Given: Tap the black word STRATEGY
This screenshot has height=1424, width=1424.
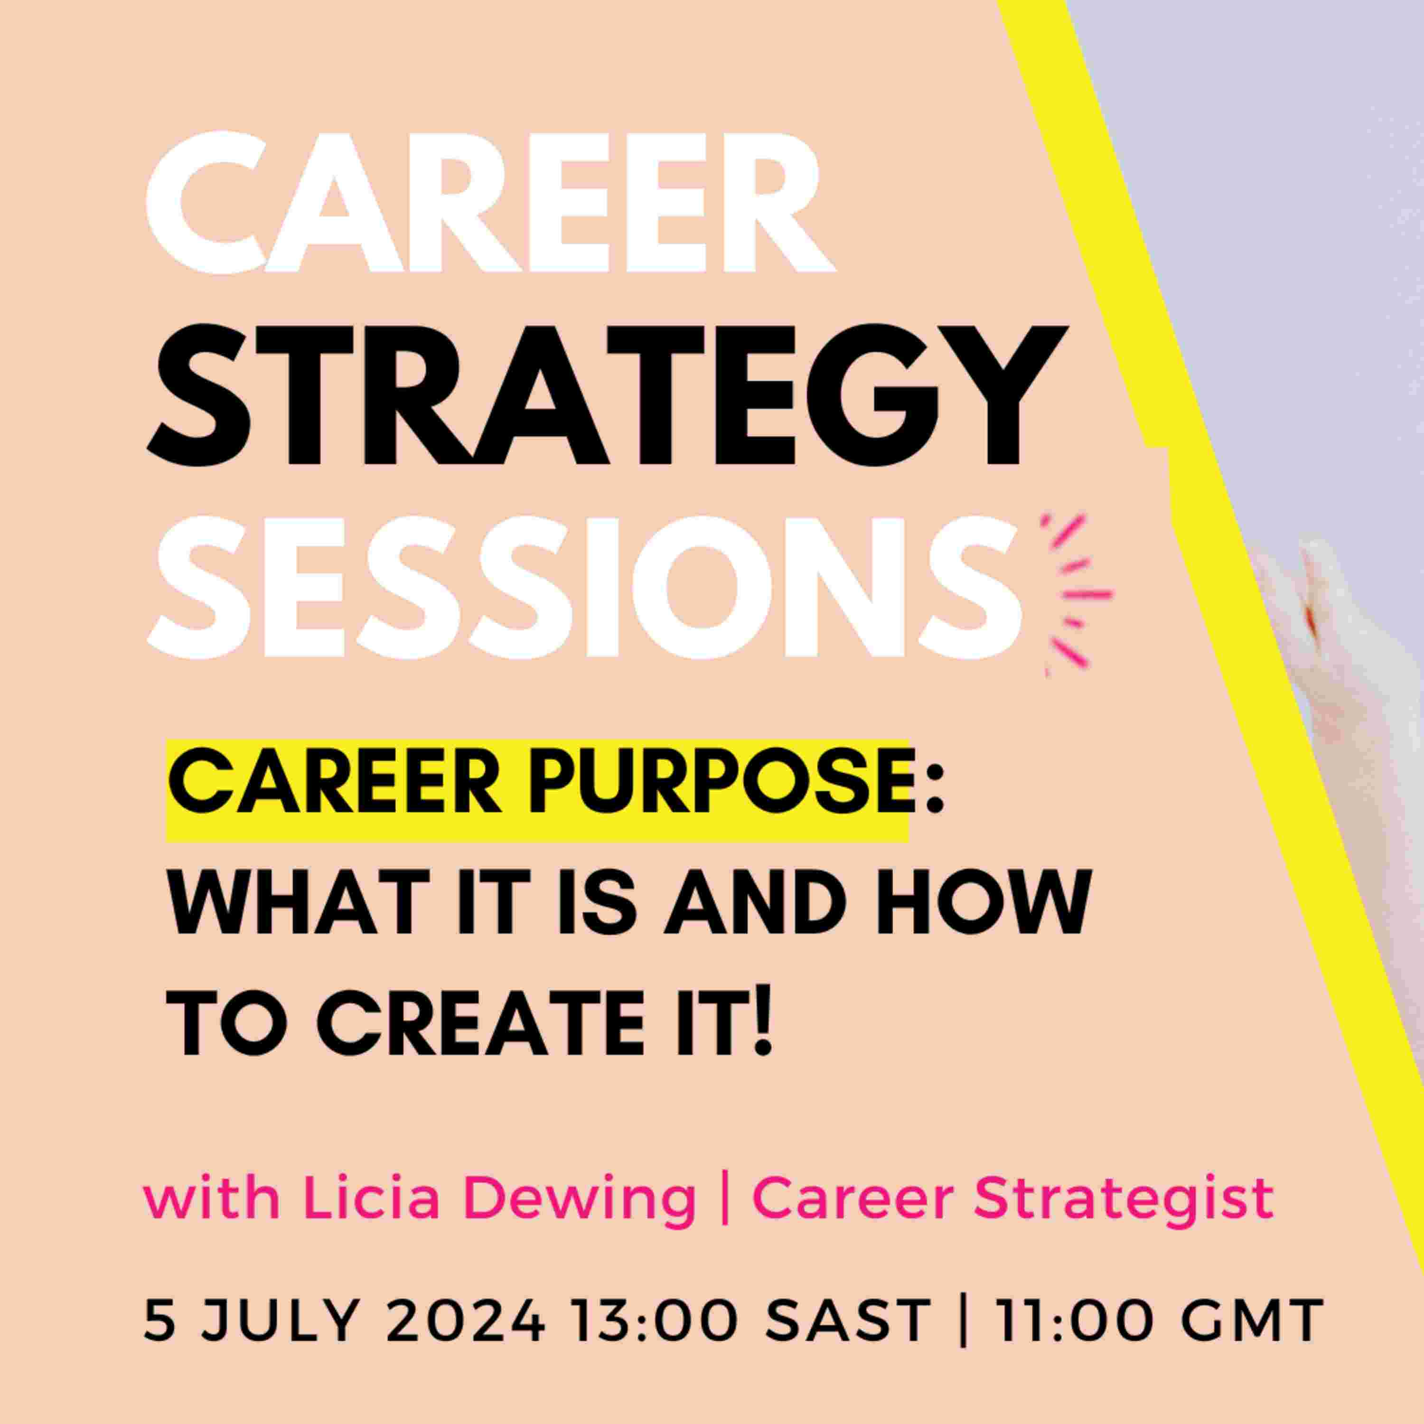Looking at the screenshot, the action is coord(607,396).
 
